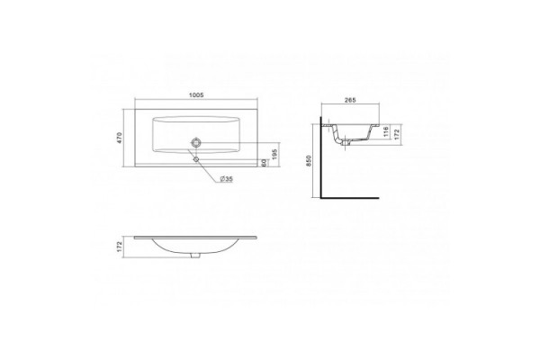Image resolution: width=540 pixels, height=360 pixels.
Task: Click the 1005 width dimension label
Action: point(196,95)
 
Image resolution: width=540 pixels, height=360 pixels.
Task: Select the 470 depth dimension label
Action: point(120,138)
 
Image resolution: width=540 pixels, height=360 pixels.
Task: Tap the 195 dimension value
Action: point(274,154)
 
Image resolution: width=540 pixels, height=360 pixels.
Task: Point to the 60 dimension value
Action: point(264,163)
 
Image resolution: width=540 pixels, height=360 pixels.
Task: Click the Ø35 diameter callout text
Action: point(226,179)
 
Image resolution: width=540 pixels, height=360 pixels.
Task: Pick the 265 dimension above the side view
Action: point(350,100)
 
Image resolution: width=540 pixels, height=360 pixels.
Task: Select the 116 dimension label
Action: point(386,132)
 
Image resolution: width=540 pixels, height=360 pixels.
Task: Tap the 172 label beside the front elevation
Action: point(120,247)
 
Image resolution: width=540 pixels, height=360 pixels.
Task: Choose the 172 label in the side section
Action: point(396,135)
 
